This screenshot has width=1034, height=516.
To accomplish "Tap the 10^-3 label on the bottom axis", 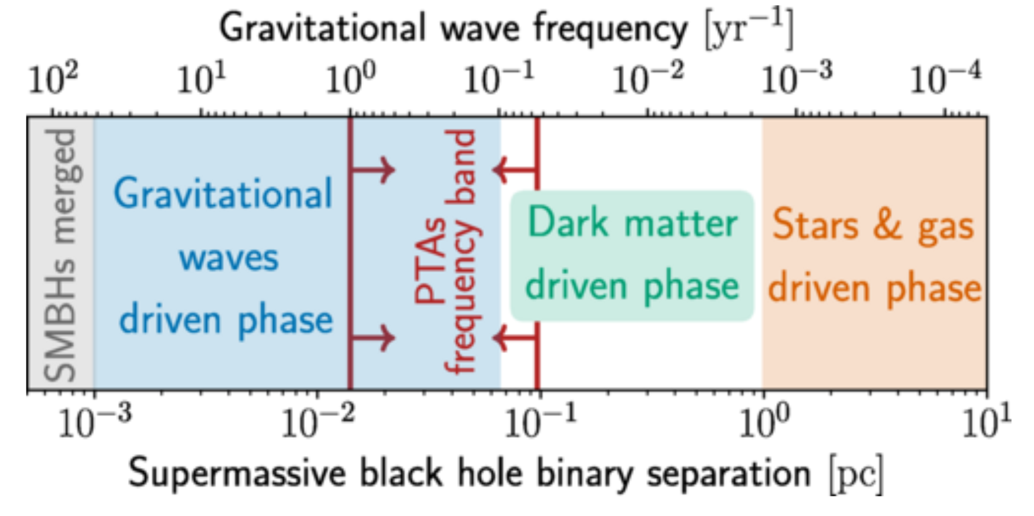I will click(x=94, y=422).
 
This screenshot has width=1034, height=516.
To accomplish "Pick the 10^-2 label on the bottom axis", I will click(x=317, y=422).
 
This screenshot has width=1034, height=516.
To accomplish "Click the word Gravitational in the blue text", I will click(x=223, y=194).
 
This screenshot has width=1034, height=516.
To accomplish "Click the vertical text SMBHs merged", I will click(x=61, y=256).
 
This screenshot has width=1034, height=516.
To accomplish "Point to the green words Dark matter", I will click(x=632, y=223).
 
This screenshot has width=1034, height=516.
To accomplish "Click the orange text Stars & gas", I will click(x=873, y=226).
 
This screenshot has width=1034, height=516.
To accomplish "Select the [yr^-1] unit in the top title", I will click(x=749, y=29).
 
